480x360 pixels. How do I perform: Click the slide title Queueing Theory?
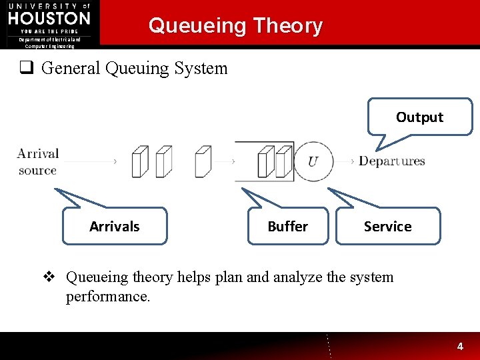pos(235,26)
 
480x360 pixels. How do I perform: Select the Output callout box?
pos(419,117)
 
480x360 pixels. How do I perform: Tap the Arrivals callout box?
pos(114,227)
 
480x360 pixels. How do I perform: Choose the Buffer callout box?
pos(287,227)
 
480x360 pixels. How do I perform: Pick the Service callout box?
pos(387,227)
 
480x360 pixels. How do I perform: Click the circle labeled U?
pos(313,161)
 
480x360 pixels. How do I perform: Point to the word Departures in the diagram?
pos(391,161)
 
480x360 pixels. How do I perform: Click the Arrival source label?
pos(38,162)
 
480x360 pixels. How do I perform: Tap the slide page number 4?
pos(459,347)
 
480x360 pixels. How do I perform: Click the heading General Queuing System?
pos(134,68)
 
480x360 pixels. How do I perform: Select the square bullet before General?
pos(25,68)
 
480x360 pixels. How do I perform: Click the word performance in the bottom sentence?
pos(107,296)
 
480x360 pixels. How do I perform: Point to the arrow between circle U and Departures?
pos(345,161)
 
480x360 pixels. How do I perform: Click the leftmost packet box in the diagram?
pos(139,162)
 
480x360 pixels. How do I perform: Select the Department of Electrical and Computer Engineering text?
pos(49,43)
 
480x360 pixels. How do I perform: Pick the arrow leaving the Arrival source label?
pos(90,161)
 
